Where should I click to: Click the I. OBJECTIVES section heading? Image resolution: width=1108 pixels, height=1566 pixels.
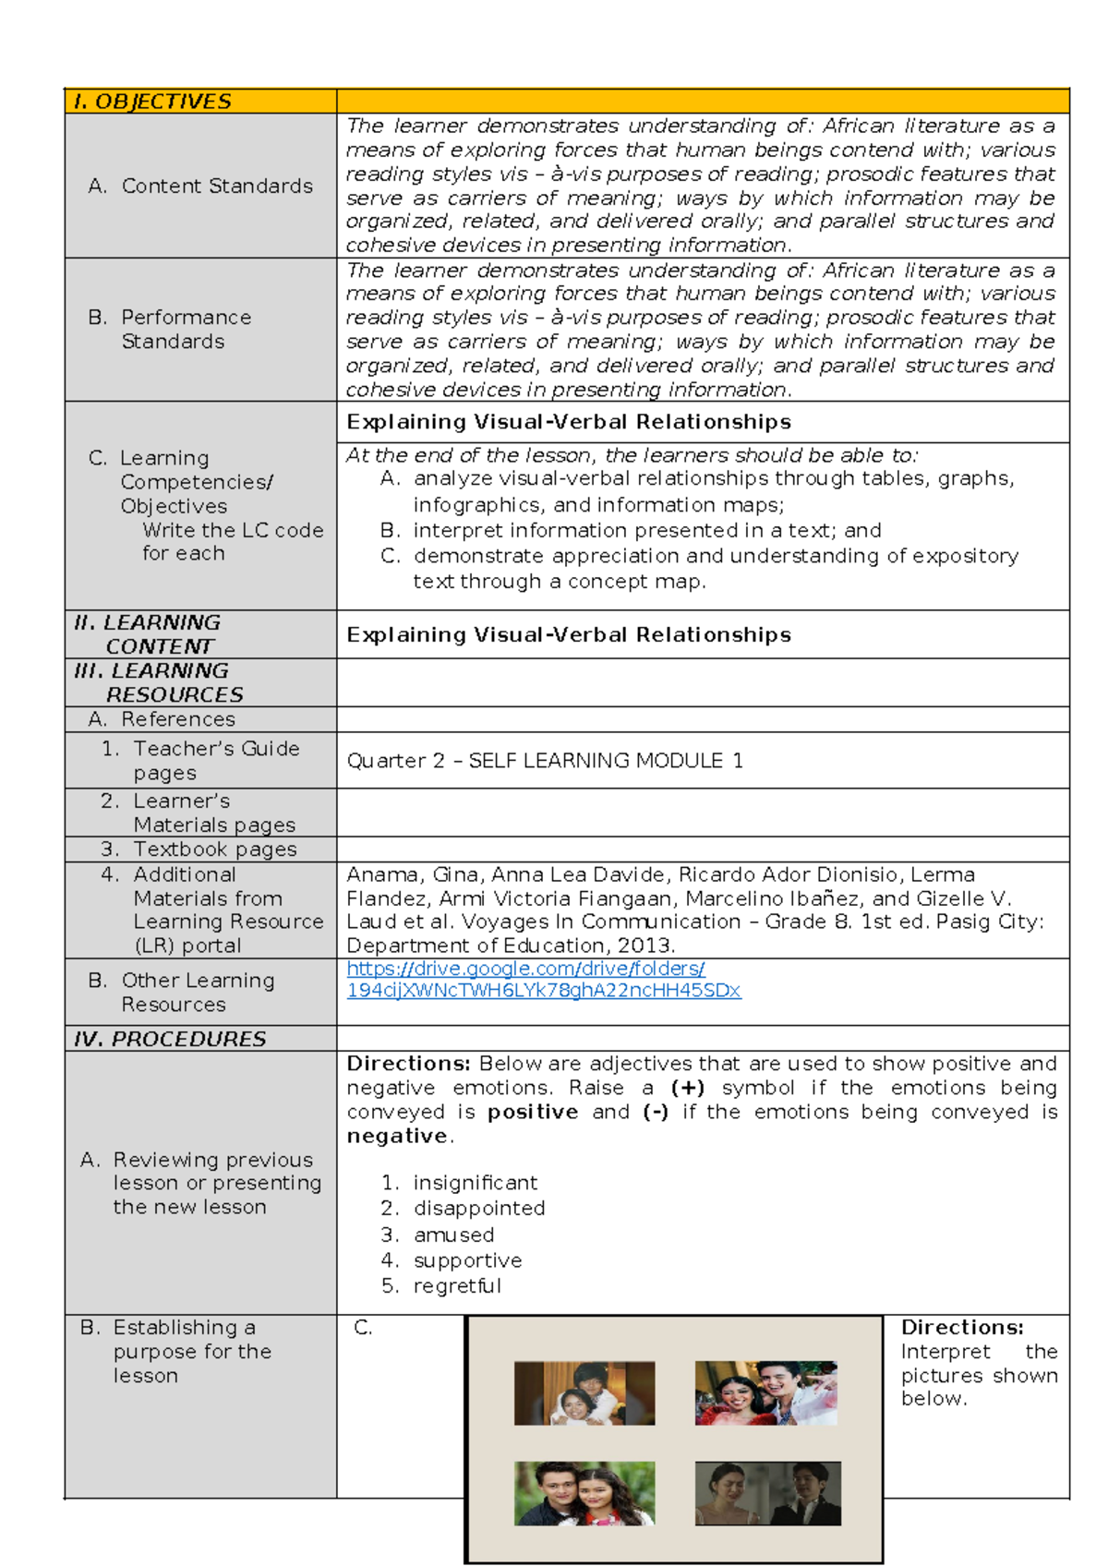[x=152, y=102]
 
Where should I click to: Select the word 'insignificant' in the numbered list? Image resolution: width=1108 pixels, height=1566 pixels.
[x=475, y=1183]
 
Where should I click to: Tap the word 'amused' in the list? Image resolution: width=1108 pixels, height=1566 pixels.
[x=453, y=1235]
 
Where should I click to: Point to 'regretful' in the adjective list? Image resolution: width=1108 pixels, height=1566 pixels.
[x=457, y=1286]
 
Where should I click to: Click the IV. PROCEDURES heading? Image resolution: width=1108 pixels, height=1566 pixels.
[x=170, y=1039]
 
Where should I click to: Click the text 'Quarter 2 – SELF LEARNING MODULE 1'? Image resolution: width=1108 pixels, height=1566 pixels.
[x=545, y=761]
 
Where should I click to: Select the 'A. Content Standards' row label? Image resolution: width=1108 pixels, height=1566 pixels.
[x=201, y=186]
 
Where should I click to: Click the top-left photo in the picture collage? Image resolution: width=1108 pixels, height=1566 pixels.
[x=584, y=1392]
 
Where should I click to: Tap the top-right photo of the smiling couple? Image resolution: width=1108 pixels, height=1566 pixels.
[x=765, y=1392]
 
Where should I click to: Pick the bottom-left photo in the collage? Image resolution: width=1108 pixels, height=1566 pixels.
[x=584, y=1493]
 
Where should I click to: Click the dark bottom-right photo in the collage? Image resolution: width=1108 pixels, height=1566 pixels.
[x=767, y=1493]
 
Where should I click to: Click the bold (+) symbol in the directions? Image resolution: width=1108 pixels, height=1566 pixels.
[x=688, y=1088]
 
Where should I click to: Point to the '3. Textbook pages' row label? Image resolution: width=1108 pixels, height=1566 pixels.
[x=199, y=849]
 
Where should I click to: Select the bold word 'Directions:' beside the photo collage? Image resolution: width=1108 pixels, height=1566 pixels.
[x=962, y=1328]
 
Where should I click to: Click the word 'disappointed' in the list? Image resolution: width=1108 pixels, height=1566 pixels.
[x=478, y=1209]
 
